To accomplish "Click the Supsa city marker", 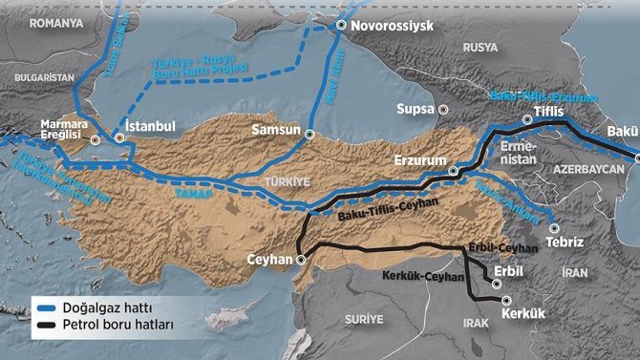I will click(x=443, y=110).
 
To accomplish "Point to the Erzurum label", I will click(x=419, y=160).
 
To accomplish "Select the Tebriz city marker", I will click(x=553, y=227).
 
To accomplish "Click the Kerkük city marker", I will click(x=505, y=299).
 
